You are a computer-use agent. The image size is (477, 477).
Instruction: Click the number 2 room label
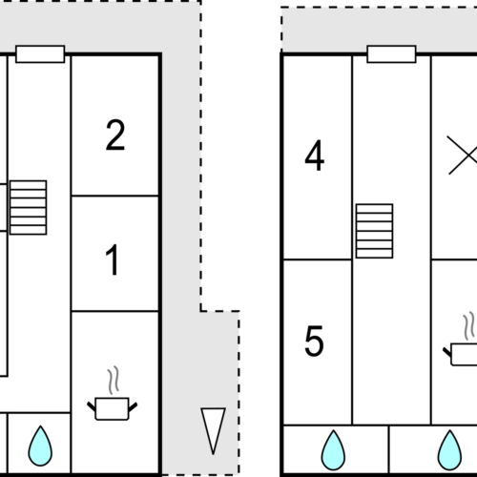(115, 135)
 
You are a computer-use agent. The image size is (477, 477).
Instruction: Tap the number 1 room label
(113, 260)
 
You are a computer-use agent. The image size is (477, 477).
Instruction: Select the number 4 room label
(315, 156)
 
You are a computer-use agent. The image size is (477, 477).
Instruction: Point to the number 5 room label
(314, 341)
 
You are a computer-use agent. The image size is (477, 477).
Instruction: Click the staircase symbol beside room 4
(374, 231)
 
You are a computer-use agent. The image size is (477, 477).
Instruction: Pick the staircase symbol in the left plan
(29, 208)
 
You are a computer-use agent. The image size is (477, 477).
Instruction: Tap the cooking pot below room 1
(113, 408)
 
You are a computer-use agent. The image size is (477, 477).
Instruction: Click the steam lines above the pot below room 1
(114, 381)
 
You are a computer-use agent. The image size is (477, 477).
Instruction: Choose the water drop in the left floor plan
(40, 446)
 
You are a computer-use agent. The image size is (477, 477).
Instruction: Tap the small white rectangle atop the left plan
(40, 54)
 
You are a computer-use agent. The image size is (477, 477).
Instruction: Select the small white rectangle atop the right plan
(391, 54)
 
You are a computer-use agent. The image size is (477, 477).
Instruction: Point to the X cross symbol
(463, 156)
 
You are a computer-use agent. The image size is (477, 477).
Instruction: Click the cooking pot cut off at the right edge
(461, 355)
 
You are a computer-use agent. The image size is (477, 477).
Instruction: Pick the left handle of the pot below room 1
(92, 406)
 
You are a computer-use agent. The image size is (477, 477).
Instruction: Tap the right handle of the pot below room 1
(133, 406)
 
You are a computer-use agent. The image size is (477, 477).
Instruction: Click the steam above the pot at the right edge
(468, 327)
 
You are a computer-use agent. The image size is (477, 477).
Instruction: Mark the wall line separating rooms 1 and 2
(115, 196)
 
